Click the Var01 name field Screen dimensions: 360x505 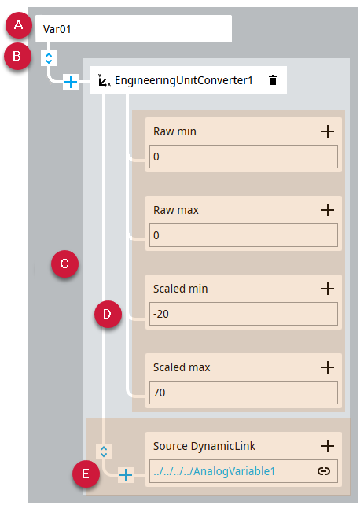tap(133, 28)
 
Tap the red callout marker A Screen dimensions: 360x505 tap(19, 25)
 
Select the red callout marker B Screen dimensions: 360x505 tap(17, 56)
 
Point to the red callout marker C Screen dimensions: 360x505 tap(64, 264)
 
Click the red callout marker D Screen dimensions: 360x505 tap(108, 314)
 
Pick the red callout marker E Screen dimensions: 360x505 tap(86, 474)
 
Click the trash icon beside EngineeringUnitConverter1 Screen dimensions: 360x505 tap(273, 80)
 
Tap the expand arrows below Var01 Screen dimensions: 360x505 tap(49, 58)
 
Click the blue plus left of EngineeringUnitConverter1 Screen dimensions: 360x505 tap(71, 82)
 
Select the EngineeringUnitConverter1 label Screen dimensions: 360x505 tap(184, 80)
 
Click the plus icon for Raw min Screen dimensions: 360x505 tap(328, 131)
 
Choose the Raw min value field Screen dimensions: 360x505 tap(244, 157)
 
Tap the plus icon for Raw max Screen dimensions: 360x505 tap(328, 210)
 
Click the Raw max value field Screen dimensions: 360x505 tap(244, 235)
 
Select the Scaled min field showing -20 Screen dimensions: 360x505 tap(244, 314)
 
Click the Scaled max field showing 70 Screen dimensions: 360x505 tap(244, 393)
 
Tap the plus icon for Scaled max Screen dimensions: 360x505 tap(328, 367)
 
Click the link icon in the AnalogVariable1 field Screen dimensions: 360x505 tap(324, 471)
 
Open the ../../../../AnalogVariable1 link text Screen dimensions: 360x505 tap(215, 471)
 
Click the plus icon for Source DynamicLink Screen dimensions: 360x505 tap(328, 446)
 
